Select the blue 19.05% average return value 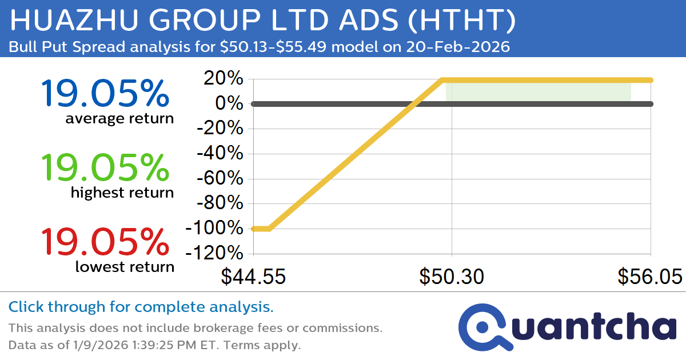click(105, 94)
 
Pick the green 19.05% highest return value click(105, 167)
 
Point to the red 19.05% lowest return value click(105, 241)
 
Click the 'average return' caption click(119, 119)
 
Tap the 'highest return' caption click(122, 193)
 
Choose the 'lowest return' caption click(125, 266)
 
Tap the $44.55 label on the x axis click(253, 277)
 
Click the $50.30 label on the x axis click(452, 277)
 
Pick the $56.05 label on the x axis click(649, 277)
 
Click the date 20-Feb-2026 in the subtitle click(456, 47)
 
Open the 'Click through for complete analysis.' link click(141, 307)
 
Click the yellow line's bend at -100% click(269, 229)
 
